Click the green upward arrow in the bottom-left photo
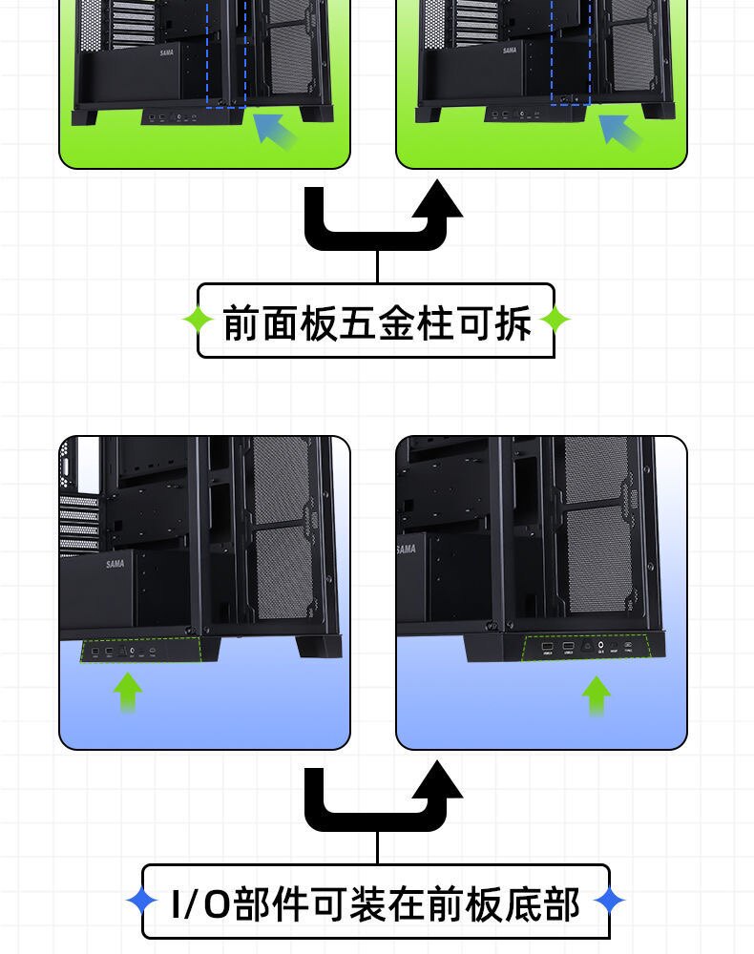coord(127,692)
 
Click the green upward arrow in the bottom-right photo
coord(597,695)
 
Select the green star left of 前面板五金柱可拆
coord(199,321)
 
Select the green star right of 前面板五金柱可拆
coord(555,321)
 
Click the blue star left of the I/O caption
coord(142,900)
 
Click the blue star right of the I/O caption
coord(609,900)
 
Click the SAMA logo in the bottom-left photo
coord(115,564)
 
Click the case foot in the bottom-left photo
coord(318,646)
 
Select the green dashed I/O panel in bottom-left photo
coord(142,651)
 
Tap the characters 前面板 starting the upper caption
coord(280,323)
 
